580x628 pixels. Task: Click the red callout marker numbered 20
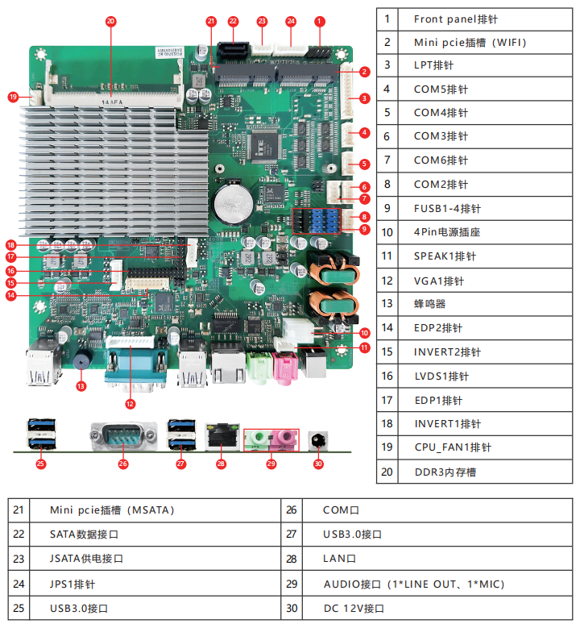tap(110, 21)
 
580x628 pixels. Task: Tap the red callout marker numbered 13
tap(81, 386)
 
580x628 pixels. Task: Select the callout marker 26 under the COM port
tap(123, 464)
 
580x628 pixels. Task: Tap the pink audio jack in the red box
tap(284, 439)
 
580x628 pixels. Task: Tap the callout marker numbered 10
tap(364, 332)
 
